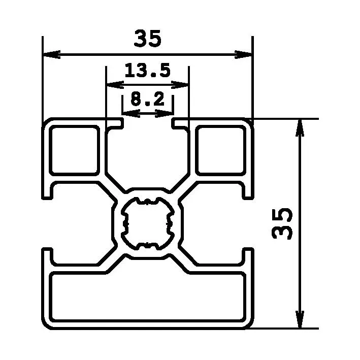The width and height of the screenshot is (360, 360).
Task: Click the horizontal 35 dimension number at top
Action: pyautogui.click(x=147, y=39)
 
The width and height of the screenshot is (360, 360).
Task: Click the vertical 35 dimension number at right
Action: pyautogui.click(x=283, y=223)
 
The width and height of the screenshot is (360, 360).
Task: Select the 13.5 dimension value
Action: pyautogui.click(x=147, y=71)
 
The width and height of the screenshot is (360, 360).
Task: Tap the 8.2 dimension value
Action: pyautogui.click(x=147, y=100)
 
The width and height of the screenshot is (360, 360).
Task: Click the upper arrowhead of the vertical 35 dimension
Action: pyautogui.click(x=300, y=126)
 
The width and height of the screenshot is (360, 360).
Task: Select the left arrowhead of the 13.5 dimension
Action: pyautogui.click(x=112, y=84)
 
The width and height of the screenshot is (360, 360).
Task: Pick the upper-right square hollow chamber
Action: pyautogui.click(x=220, y=150)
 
